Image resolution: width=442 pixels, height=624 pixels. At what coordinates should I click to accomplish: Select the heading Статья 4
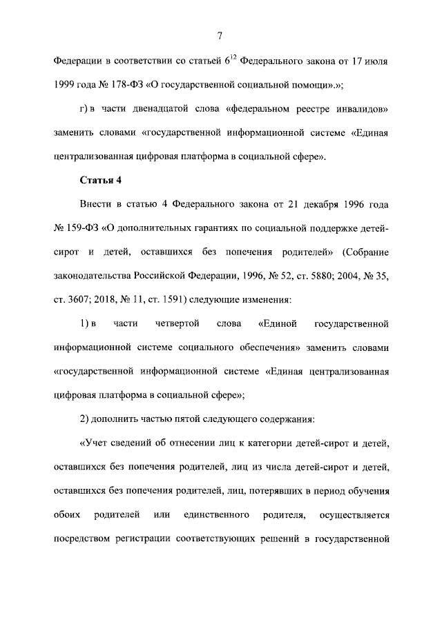point(101,181)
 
